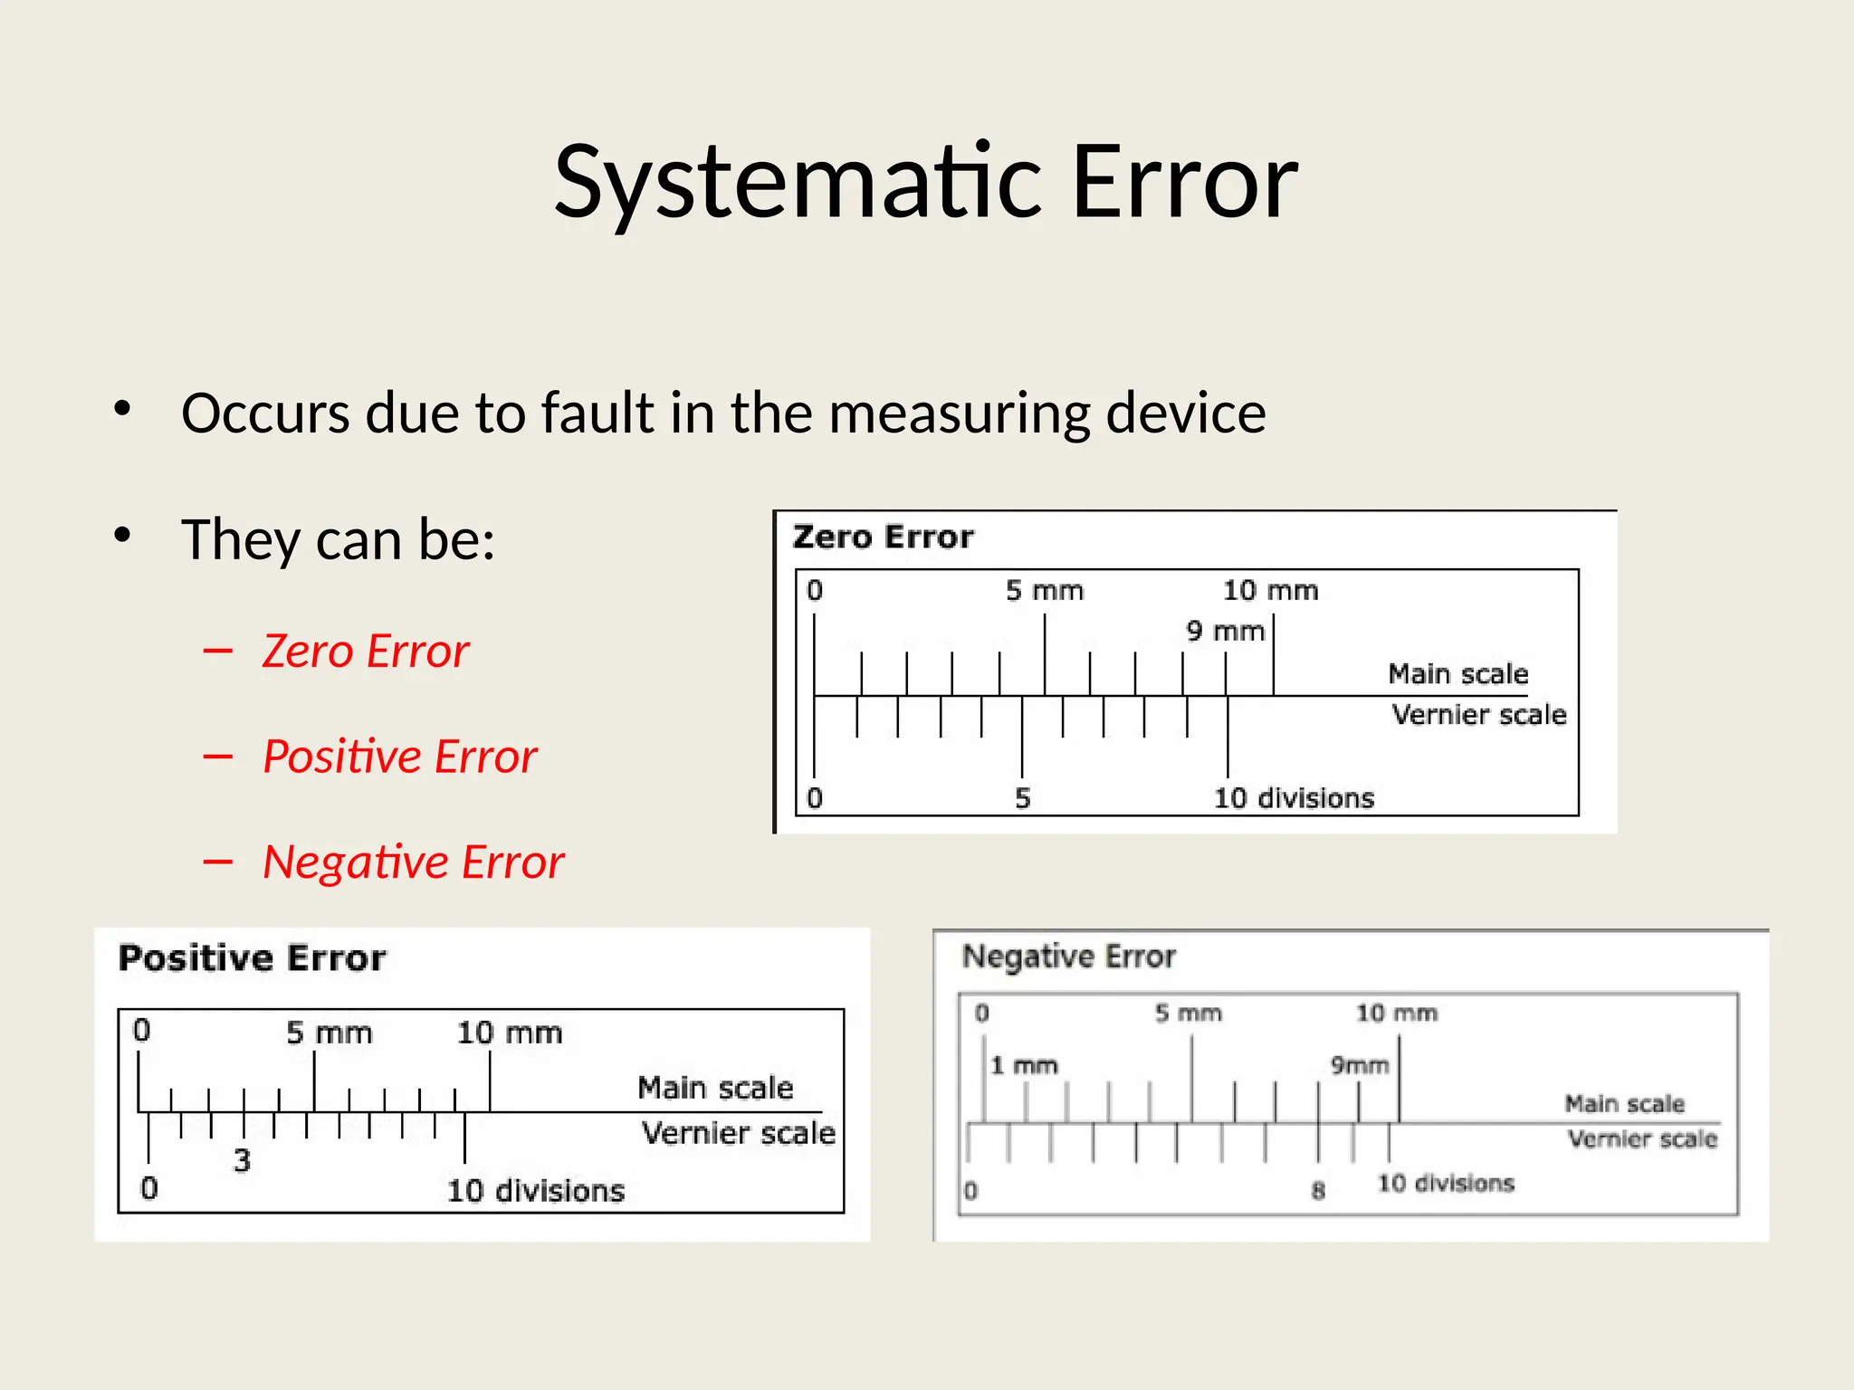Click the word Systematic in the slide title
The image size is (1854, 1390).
[x=798, y=183]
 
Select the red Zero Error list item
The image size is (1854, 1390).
[x=366, y=651]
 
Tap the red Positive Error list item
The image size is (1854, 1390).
[x=399, y=757]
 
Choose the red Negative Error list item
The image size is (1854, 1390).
[x=413, y=862]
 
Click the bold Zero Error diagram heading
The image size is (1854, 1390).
[x=883, y=537]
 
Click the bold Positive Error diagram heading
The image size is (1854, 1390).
[x=253, y=957]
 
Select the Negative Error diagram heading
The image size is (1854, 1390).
[x=1068, y=956]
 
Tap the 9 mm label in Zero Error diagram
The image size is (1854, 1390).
[x=1225, y=631]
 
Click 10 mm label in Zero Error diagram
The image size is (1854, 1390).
[x=1270, y=591]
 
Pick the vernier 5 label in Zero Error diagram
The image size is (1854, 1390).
[x=1023, y=798]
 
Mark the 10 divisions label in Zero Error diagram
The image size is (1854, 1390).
[x=1294, y=798]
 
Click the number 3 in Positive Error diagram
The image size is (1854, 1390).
[x=242, y=1160]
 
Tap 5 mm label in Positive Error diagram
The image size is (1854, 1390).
[x=330, y=1033]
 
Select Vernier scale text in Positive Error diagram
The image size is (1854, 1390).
[x=738, y=1133]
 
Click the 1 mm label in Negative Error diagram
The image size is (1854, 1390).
[x=1024, y=1065]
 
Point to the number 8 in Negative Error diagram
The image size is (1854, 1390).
[x=1318, y=1190]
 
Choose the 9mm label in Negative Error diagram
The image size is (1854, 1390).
[x=1359, y=1065]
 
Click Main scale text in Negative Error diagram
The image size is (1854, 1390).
[x=1624, y=1103]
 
